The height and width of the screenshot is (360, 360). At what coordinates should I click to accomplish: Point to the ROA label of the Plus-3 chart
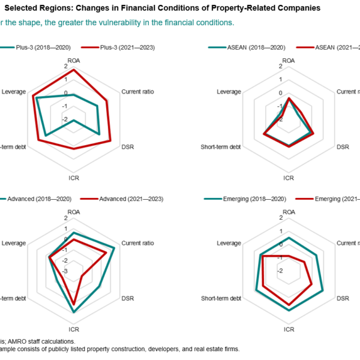coord(74,61)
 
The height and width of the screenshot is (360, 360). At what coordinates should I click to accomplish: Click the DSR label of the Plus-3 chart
coord(128,147)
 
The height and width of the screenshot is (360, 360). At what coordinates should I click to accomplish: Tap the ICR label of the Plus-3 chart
coord(74,178)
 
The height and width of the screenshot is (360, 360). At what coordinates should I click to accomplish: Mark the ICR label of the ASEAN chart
coord(289,178)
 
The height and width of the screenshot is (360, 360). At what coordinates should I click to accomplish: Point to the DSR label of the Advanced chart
coord(128,298)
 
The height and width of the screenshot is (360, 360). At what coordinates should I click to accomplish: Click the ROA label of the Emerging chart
coord(289,212)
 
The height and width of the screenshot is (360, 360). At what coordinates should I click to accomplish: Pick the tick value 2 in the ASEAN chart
coord(280,66)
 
